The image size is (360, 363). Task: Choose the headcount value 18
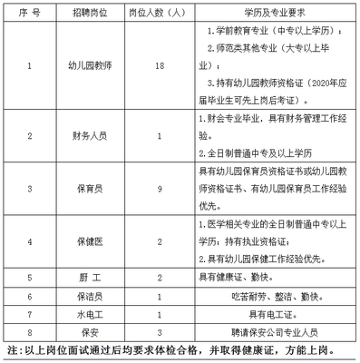(x=159, y=66)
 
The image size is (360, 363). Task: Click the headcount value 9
(x=159, y=188)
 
